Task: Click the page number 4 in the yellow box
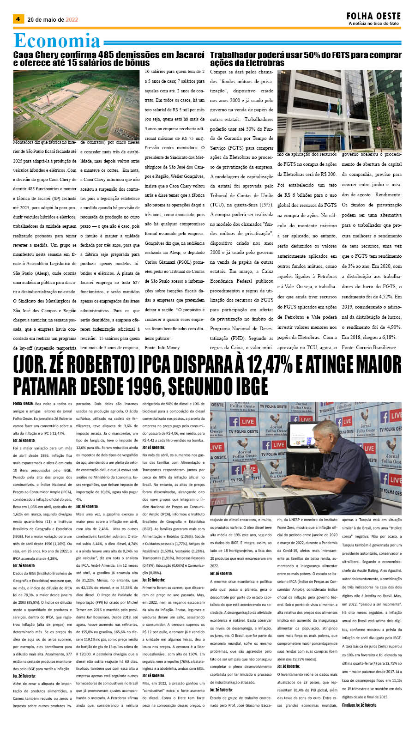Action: point(18,19)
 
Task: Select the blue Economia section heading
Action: point(57,41)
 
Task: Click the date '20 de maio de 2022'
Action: point(53,20)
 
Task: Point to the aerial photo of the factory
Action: point(76,105)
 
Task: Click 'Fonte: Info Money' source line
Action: point(162,347)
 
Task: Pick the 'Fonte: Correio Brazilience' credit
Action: point(369,347)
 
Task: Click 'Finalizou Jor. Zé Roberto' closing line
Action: point(359,705)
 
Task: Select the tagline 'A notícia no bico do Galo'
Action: point(373,24)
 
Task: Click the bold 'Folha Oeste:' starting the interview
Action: point(23,404)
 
